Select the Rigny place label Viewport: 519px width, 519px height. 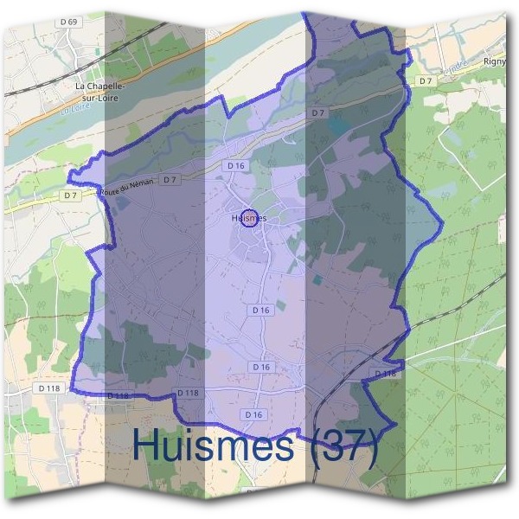(x=495, y=61)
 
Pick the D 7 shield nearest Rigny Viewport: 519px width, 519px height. (x=425, y=80)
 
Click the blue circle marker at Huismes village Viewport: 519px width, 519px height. (x=248, y=219)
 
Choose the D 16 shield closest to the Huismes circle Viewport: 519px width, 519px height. (x=234, y=165)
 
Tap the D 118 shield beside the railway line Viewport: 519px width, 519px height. (x=386, y=373)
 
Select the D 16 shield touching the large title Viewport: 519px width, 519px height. (x=253, y=415)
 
